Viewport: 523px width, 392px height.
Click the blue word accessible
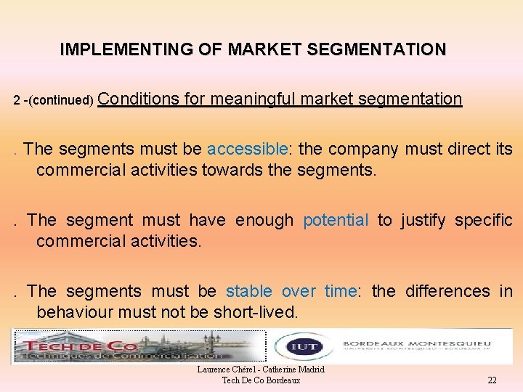(x=248, y=150)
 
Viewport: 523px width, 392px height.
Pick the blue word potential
(x=336, y=220)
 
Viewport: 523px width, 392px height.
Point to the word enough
(x=264, y=220)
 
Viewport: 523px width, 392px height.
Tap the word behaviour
(x=72, y=312)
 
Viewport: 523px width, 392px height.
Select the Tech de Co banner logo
(x=138, y=347)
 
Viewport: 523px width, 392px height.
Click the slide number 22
(x=492, y=380)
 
